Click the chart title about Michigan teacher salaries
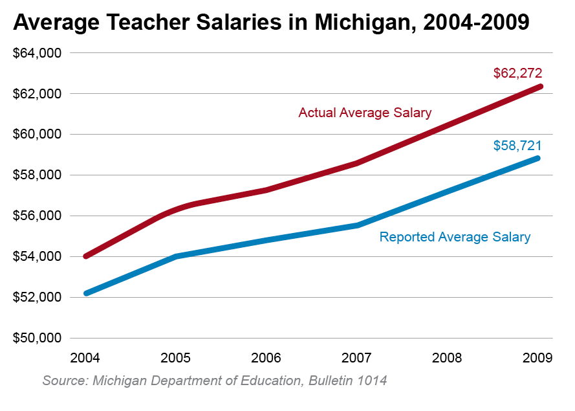pos(271,23)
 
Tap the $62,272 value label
pos(517,73)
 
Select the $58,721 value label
pos(517,146)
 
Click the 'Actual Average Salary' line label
pos(365,113)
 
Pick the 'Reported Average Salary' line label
pos(455,237)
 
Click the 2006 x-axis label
pos(266,357)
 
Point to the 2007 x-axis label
pos(357,357)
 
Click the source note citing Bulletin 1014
pos(215,380)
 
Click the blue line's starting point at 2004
pos(86,293)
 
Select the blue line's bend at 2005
pos(176,256)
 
